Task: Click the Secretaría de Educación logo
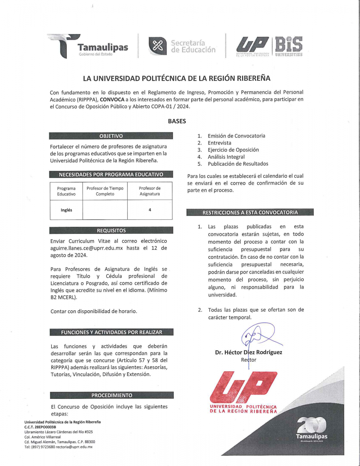click(x=182, y=46)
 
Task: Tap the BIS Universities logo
click(x=288, y=46)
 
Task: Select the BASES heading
click(x=177, y=121)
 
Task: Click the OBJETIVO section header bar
click(x=111, y=136)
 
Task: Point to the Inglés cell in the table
click(x=66, y=210)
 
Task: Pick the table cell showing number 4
click(x=150, y=210)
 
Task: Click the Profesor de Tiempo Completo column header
click(x=105, y=191)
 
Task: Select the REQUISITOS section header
click(x=111, y=230)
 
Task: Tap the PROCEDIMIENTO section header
click(x=111, y=395)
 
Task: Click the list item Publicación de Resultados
click(x=238, y=164)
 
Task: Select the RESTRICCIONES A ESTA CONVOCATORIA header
click(x=250, y=212)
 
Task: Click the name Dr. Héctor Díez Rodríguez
click(x=249, y=353)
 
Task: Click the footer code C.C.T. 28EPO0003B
click(x=40, y=427)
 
